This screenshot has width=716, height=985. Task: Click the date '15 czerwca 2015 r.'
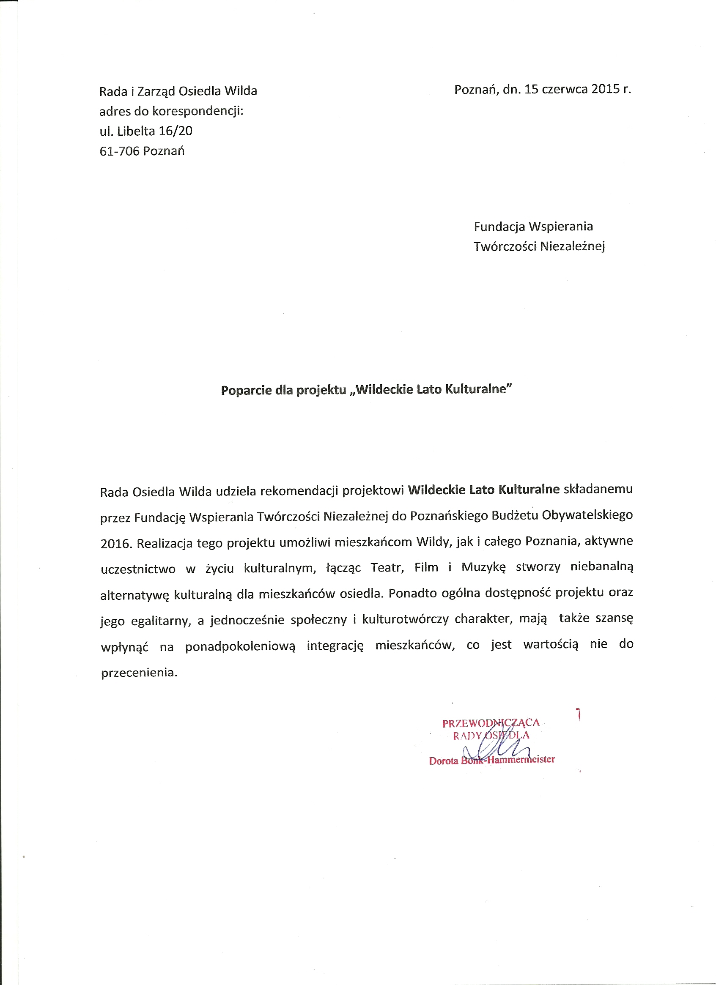click(577, 90)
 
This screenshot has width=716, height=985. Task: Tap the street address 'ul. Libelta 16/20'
click(146, 131)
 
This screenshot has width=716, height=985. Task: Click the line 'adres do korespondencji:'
click(172, 111)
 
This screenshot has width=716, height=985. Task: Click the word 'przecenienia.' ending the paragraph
click(139, 673)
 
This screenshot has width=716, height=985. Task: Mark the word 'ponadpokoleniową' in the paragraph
click(240, 646)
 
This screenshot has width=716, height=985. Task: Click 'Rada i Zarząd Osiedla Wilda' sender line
click(178, 91)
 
